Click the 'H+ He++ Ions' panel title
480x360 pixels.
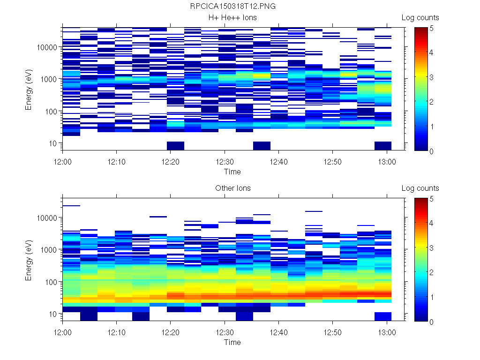[x=232, y=18]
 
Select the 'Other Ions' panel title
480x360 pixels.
[x=232, y=188]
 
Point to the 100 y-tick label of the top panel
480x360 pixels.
[x=50, y=112]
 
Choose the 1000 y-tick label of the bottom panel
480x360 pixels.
[x=48, y=250]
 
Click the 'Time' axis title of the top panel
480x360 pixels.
[x=232, y=172]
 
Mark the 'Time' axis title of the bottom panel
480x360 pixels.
[x=232, y=342]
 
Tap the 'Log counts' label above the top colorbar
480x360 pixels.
[x=420, y=18]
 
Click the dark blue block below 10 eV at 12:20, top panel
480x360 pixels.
[x=175, y=146]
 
